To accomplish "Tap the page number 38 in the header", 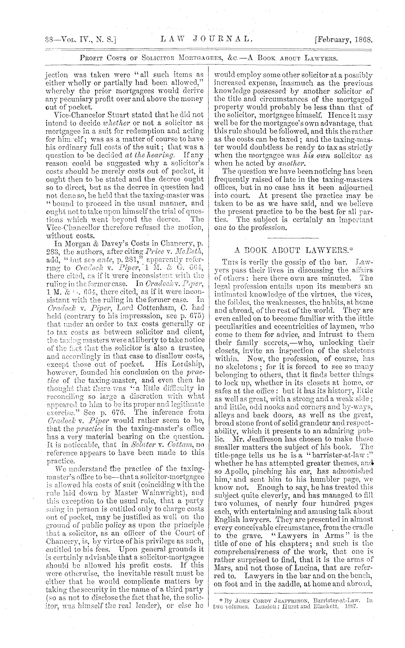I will (49, 40).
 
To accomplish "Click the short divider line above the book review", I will (293, 238).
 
